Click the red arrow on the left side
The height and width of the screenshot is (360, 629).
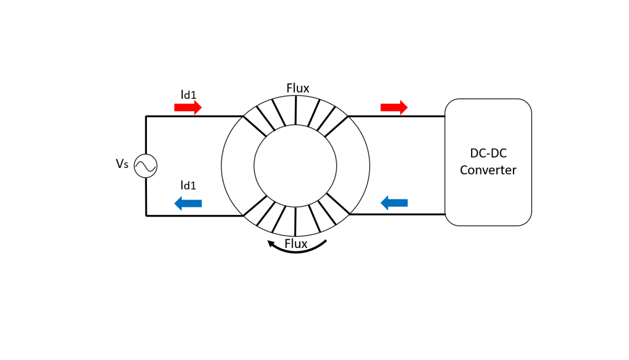[x=188, y=107]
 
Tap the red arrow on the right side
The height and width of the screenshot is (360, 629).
[x=394, y=107]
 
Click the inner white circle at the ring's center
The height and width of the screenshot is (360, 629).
[x=295, y=166]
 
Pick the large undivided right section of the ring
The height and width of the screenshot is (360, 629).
[x=353, y=166]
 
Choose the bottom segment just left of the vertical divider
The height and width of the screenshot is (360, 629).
[x=285, y=221]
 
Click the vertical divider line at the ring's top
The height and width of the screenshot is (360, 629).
[x=296, y=110]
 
